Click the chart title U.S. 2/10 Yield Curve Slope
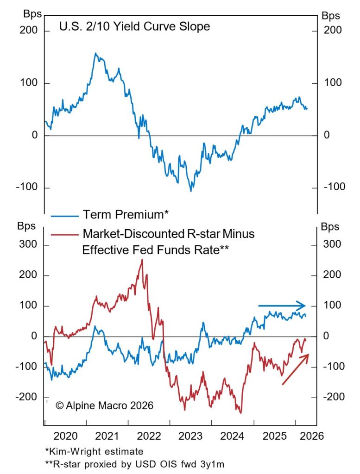point(134,26)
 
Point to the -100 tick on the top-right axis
point(335,187)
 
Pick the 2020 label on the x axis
point(65,436)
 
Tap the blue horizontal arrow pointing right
point(282,306)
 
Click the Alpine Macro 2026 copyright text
point(104,405)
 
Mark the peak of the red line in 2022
point(142,260)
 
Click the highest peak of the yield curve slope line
point(95,53)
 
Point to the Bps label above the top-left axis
point(32,14)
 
